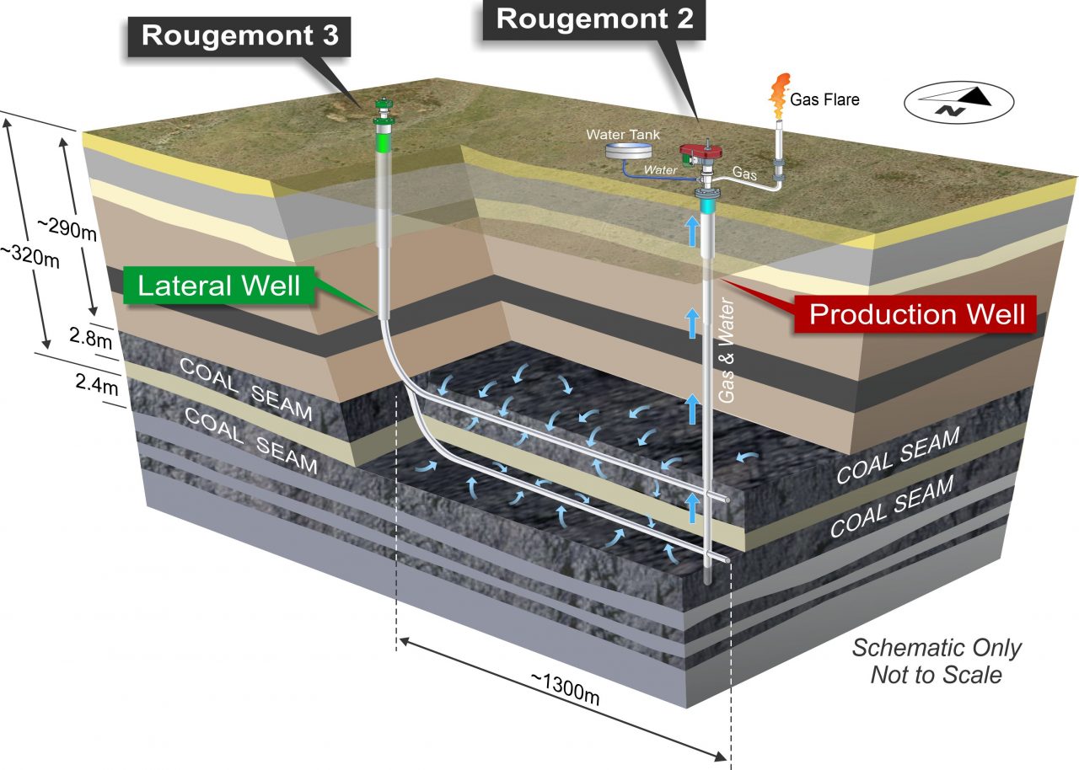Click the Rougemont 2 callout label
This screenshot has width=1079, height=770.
(595, 19)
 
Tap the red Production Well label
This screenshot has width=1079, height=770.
(916, 313)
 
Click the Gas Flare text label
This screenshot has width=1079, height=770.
(824, 99)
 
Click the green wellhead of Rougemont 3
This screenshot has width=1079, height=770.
(384, 118)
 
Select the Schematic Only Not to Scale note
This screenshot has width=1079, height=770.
(936, 661)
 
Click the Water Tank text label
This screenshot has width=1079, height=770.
(625, 133)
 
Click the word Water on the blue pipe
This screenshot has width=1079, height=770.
(661, 169)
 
